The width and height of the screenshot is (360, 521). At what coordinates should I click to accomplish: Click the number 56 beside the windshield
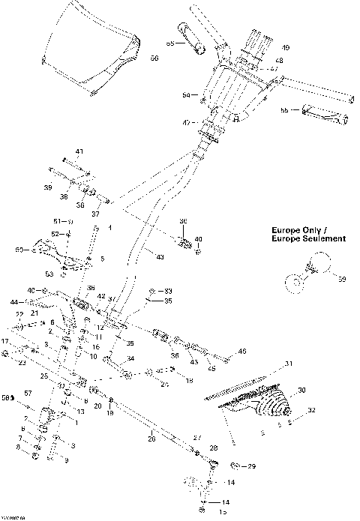coord(154,58)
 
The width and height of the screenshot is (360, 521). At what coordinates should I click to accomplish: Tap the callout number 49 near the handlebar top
coord(285,48)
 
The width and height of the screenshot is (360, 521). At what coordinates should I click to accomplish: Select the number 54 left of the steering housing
coord(187,96)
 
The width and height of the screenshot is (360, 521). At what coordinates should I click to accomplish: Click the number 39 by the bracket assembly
coord(48,187)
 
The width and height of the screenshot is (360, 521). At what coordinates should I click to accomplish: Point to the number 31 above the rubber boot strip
coord(286,364)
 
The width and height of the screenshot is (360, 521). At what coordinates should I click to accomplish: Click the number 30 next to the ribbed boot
coord(303,390)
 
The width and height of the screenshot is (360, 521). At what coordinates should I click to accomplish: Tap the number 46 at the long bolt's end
coord(241,350)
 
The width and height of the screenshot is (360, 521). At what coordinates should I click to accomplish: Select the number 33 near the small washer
coord(168,290)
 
